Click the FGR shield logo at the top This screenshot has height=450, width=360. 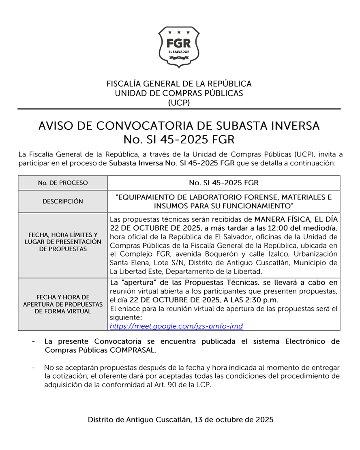[179, 47]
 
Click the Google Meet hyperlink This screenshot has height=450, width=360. [176, 326]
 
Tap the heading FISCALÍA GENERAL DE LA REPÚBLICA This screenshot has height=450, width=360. [179, 84]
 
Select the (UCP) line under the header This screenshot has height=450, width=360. [179, 103]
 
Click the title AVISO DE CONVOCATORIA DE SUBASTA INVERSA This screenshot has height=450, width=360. [179, 126]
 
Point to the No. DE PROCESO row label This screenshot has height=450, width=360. [63, 183]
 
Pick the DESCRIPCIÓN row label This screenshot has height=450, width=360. [63, 201]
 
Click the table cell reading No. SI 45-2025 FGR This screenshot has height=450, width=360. [224, 183]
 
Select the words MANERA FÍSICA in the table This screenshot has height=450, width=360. [276, 219]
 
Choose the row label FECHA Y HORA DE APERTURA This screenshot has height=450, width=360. [63, 304]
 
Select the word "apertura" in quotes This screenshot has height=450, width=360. [131, 282]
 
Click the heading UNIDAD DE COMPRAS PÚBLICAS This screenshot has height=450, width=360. [179, 93]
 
